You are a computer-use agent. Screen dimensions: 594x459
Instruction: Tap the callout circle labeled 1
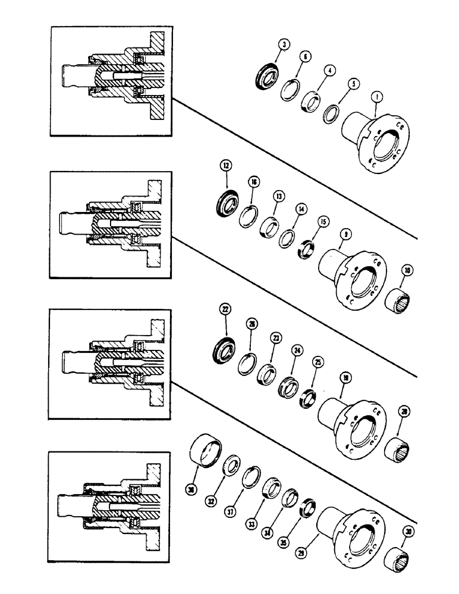(376, 96)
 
